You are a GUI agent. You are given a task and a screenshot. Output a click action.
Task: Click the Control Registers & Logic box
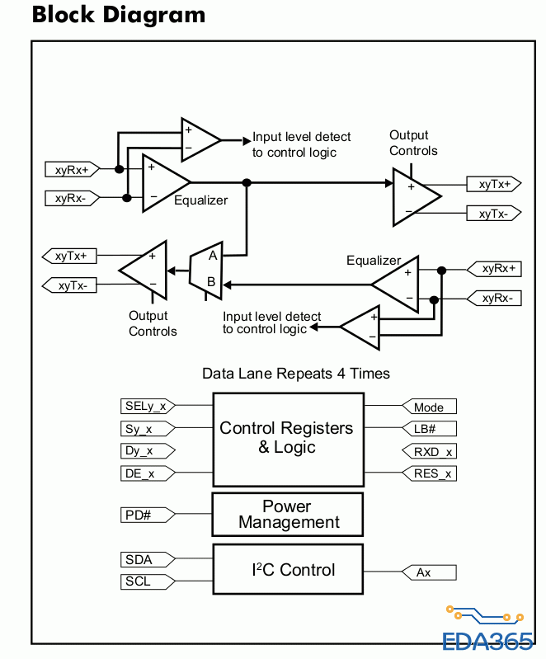click(x=288, y=438)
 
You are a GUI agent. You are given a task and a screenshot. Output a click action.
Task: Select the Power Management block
click(x=288, y=515)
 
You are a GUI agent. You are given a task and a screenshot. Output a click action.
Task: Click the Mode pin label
click(x=429, y=407)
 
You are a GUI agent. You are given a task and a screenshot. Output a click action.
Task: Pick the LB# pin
click(x=429, y=429)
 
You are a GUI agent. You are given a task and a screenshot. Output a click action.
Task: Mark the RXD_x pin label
click(x=429, y=451)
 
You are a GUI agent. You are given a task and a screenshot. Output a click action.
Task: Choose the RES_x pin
click(x=429, y=473)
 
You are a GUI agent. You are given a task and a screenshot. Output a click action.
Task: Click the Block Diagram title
click(x=118, y=15)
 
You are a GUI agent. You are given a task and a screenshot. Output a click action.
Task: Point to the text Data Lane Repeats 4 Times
click(x=296, y=374)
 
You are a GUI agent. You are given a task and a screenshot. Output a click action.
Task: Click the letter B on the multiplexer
click(x=211, y=282)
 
